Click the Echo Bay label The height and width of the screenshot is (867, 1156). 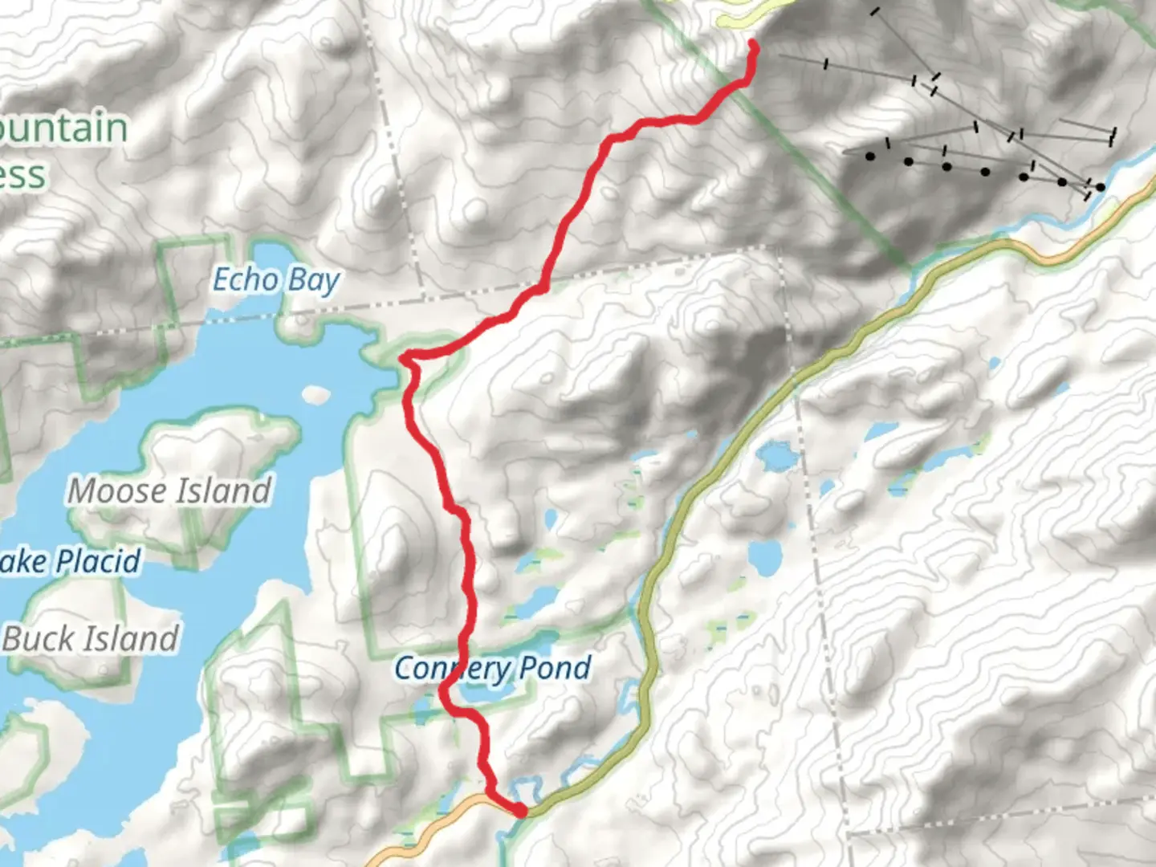pos(276,280)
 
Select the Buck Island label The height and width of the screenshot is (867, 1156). pos(91,639)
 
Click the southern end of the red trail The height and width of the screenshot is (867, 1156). pos(521,812)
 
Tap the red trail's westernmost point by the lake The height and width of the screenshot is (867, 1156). pos(404,357)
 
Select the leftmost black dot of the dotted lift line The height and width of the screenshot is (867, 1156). pos(870,157)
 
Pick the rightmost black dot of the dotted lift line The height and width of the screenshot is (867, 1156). pos(1100,187)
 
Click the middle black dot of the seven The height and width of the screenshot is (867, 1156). pos(985,171)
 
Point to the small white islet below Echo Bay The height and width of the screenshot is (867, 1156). pos(316,394)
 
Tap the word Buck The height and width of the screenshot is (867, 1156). pos(33,639)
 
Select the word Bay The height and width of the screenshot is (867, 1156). pos(314,280)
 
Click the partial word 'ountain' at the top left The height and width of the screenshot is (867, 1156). pos(64,128)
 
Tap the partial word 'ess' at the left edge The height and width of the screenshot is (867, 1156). pos(22,175)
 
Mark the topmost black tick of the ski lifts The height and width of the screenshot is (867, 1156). pos(874,11)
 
